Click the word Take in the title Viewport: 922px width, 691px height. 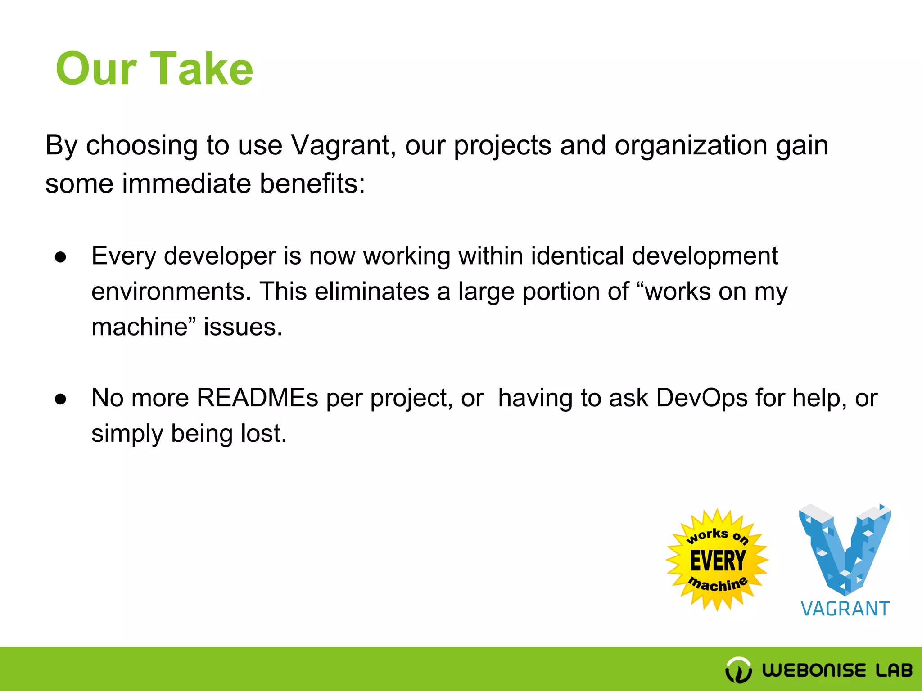[x=201, y=68]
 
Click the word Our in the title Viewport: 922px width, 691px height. [x=95, y=68]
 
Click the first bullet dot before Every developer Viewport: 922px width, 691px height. [x=60, y=257]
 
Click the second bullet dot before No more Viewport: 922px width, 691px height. [x=60, y=399]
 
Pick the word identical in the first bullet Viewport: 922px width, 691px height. [x=577, y=256]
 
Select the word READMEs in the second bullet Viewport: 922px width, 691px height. [x=257, y=398]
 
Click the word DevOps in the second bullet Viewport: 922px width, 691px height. [x=701, y=398]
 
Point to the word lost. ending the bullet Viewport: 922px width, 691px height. [x=263, y=433]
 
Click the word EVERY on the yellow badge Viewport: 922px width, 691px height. [x=718, y=561]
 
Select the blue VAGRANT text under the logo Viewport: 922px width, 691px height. [x=845, y=609]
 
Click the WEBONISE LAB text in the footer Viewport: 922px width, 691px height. [x=837, y=670]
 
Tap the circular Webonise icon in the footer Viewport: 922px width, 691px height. [x=738, y=670]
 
